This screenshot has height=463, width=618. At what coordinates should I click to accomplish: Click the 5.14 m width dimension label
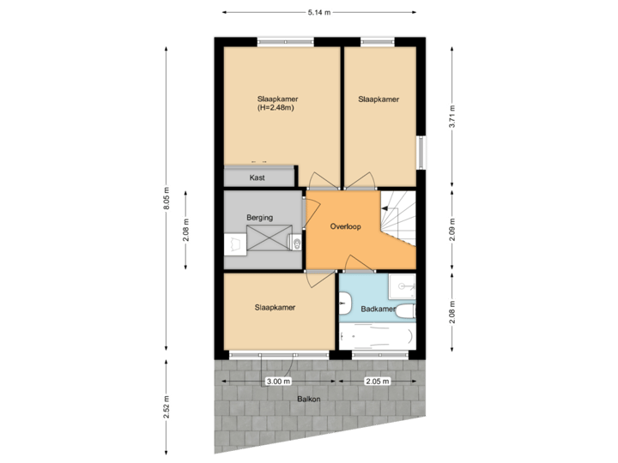pos(319,12)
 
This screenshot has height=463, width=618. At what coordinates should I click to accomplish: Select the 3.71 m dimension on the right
pos(451,117)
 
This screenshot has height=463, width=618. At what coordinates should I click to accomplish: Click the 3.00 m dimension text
pos(279,380)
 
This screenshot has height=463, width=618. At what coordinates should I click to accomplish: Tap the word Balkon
pos(310,400)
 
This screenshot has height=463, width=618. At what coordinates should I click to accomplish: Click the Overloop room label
pos(346,227)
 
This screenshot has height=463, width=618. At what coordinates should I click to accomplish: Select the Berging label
pos(259,218)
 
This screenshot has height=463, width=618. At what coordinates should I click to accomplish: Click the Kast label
pos(257,177)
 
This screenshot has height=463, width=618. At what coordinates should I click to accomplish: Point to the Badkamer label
pos(378,309)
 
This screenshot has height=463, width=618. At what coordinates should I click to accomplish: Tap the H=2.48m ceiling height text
pos(276,108)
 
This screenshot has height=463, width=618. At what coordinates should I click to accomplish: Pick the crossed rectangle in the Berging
pos(270,243)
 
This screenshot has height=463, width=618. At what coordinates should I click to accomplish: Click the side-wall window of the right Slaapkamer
pos(421,153)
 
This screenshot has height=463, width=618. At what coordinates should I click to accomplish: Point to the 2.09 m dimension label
pos(451,231)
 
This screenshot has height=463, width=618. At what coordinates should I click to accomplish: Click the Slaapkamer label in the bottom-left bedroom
pos(276,307)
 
